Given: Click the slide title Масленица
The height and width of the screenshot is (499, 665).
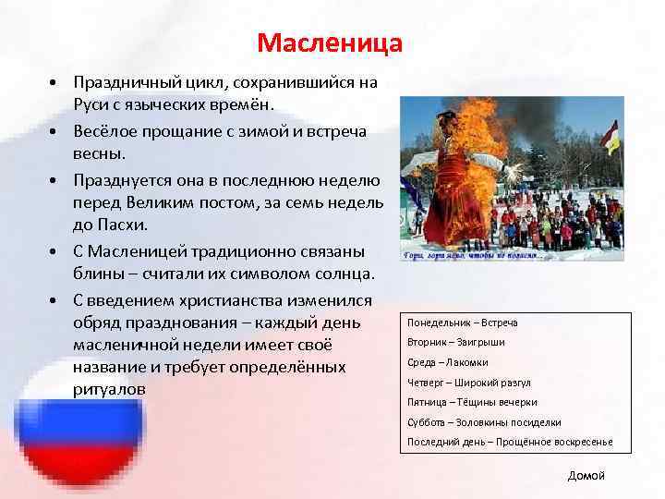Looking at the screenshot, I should point(330,43).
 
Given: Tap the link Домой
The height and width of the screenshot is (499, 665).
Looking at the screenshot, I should point(586,475).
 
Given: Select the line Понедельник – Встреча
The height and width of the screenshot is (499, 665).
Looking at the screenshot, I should point(462,323).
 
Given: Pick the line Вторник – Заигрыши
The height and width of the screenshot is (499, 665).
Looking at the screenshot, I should point(455,342).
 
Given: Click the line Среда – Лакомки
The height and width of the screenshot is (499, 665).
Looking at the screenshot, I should point(447,362).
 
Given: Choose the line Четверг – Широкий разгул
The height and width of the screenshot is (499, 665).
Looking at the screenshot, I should point(468,383).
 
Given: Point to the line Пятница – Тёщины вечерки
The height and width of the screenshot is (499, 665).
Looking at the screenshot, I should point(471,402).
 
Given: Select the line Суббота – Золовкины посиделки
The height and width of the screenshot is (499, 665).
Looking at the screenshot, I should point(484,422).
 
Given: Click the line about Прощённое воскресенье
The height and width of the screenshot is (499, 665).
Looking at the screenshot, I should point(510,442).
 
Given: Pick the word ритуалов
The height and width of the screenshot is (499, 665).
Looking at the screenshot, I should point(109,389).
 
